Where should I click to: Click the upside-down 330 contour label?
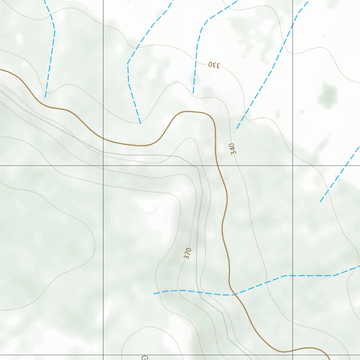[214, 65]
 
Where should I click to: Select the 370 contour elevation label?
[187, 253]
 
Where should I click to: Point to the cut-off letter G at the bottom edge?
[144, 358]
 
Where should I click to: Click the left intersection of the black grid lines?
[103, 166]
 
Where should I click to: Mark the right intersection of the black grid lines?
[292, 166]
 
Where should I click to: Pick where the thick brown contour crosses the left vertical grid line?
[103, 139]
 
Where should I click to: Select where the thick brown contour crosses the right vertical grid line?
[292, 350]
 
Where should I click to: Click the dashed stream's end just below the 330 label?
[193, 94]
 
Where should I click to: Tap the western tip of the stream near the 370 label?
[154, 294]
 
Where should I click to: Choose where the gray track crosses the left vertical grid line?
[103, 152]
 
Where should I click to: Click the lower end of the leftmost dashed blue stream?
[45, 97]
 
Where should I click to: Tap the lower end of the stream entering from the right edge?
[320, 202]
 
